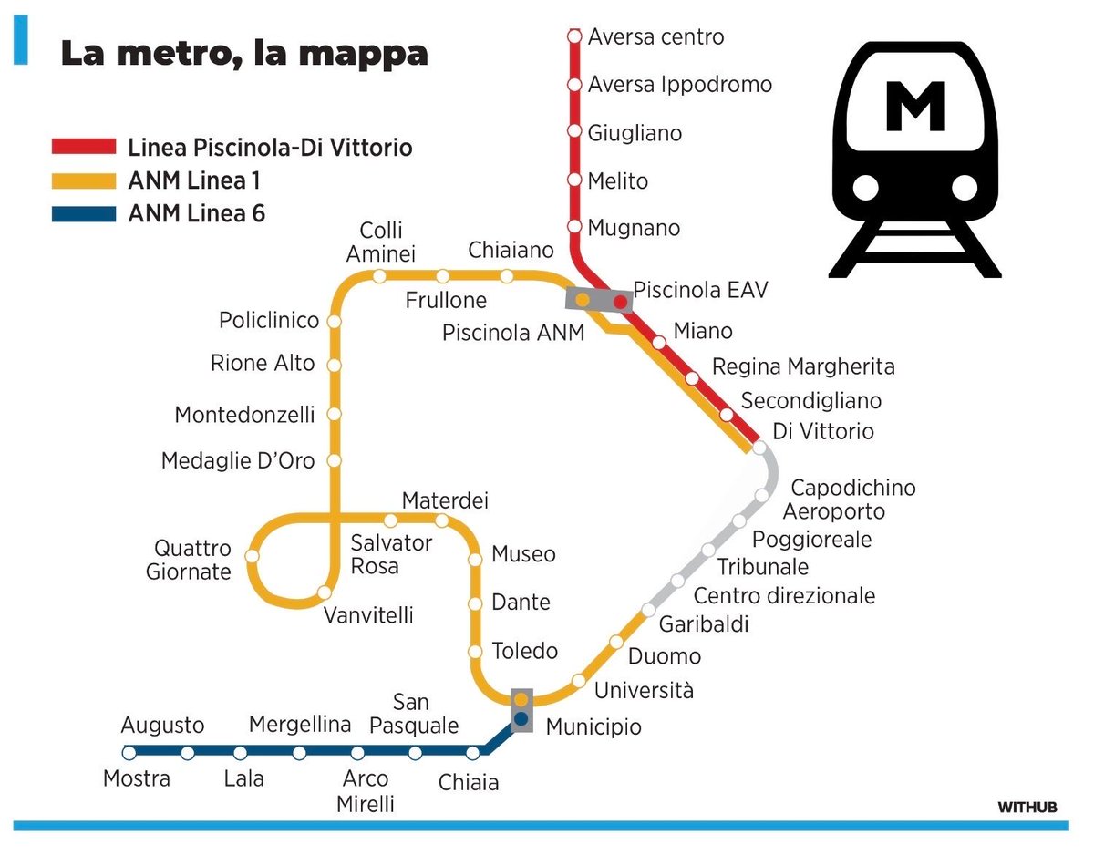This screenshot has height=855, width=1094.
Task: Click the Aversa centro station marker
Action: [574, 36]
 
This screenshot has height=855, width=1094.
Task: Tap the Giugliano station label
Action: [635, 133]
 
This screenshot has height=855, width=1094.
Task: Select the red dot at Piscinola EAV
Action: [621, 301]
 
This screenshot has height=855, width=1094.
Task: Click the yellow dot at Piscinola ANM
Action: [582, 299]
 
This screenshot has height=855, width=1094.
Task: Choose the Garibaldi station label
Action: [703, 624]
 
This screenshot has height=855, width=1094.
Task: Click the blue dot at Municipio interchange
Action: [521, 719]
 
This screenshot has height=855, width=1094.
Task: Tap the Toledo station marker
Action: [475, 652]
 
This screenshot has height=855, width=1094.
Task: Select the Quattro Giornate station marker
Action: [253, 555]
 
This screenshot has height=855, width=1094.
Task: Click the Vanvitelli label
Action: [368, 615]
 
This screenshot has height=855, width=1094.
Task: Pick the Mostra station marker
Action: [129, 753]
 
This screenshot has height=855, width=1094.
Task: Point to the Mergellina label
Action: [300, 725]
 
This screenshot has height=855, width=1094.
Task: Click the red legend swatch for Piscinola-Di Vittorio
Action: [84, 148]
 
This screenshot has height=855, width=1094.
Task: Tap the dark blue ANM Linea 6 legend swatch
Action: [84, 215]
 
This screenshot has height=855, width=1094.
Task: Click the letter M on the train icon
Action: [914, 108]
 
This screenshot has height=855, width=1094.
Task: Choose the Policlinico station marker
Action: [334, 322]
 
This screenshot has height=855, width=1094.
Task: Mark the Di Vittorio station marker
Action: [759, 447]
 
